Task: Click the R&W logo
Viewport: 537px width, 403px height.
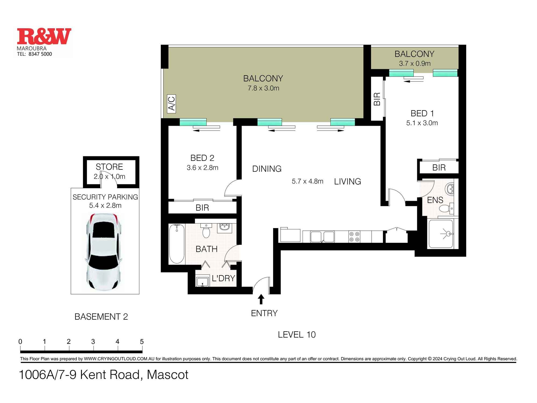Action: [x=44, y=37]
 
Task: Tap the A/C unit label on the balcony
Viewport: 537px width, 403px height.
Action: [x=171, y=103]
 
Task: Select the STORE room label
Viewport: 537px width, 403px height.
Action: [x=109, y=167]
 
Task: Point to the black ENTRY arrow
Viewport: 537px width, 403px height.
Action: [x=261, y=299]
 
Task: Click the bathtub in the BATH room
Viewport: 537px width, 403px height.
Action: [x=177, y=244]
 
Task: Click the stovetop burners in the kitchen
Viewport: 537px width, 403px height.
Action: [x=354, y=237]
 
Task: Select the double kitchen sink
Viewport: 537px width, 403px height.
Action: [x=322, y=237]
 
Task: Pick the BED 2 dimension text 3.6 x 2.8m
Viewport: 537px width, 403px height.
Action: [x=202, y=168]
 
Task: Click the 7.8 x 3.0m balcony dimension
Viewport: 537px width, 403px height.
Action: [x=263, y=88]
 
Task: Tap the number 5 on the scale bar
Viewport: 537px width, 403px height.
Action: [x=142, y=341]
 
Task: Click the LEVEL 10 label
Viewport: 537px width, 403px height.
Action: [x=297, y=334]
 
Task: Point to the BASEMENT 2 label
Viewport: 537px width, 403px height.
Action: [x=101, y=317]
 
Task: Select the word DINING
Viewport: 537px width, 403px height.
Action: [x=267, y=169]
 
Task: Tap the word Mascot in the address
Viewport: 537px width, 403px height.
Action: [x=168, y=375]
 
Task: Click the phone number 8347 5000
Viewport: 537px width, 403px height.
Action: [x=40, y=54]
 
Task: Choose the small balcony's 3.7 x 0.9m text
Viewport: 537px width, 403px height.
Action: [x=415, y=64]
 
